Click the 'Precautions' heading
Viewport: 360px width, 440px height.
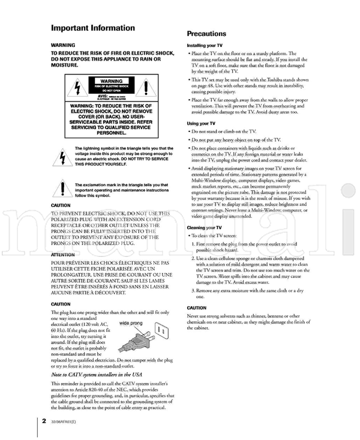tap(206, 34)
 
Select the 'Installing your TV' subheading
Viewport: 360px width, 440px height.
tap(205, 46)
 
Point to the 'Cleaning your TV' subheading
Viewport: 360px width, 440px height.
tap(204, 228)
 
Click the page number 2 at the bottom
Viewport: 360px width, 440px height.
tap(44, 420)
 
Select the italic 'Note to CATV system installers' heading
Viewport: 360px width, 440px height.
tap(100, 375)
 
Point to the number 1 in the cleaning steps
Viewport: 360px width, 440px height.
tap(193, 244)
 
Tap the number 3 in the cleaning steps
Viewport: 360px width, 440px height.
tap(193, 291)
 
